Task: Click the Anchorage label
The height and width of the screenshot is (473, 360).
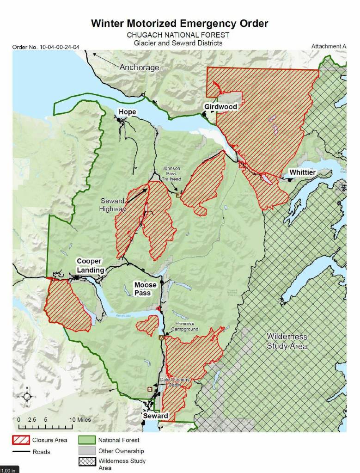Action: pos(139,68)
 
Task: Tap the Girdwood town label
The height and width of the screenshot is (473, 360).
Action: pos(220,107)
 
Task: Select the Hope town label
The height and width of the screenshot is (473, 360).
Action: pos(127,112)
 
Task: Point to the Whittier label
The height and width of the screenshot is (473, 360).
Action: pos(302,172)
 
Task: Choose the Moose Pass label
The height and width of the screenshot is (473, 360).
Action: pos(146,289)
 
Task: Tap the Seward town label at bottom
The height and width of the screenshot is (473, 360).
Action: pos(155,416)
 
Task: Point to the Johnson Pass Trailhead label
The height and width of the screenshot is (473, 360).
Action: pos(171,173)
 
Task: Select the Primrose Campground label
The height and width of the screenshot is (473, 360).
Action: pos(187,326)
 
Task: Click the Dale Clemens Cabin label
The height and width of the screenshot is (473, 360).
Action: pos(174,382)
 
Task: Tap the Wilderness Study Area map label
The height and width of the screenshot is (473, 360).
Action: pos(287,341)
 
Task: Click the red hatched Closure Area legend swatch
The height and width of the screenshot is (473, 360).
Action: pos(20,440)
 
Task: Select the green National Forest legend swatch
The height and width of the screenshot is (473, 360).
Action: pos(87,440)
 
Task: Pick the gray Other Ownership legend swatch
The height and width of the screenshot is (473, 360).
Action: pos(87,451)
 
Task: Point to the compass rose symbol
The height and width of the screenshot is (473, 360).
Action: pos(27,396)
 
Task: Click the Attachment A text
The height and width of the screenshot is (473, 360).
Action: pos(329,47)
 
